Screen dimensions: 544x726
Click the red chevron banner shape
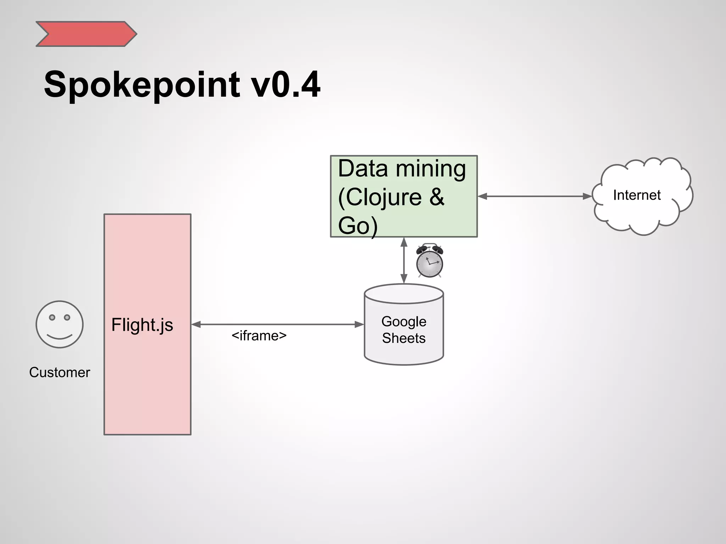coord(86,34)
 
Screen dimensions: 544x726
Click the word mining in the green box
coord(431,169)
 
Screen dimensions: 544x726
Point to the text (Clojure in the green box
coord(380,197)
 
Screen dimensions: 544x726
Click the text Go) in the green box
coord(357,226)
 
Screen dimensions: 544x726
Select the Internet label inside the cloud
coord(637,195)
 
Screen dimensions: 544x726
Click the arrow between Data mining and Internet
coord(535,196)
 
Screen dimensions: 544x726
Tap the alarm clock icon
coord(430,261)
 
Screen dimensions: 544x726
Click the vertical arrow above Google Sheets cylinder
coord(404,260)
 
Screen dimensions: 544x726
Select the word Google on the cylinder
coord(404,322)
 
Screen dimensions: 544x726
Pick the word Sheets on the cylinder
coord(404,338)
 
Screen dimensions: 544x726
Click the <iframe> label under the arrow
coord(259,336)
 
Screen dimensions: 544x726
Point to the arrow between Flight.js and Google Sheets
coord(277,324)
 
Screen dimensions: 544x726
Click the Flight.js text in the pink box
coord(142,325)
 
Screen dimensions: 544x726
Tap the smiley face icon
coord(60,324)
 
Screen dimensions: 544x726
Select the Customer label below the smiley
coord(60,373)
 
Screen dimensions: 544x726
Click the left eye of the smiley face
coord(52,317)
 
